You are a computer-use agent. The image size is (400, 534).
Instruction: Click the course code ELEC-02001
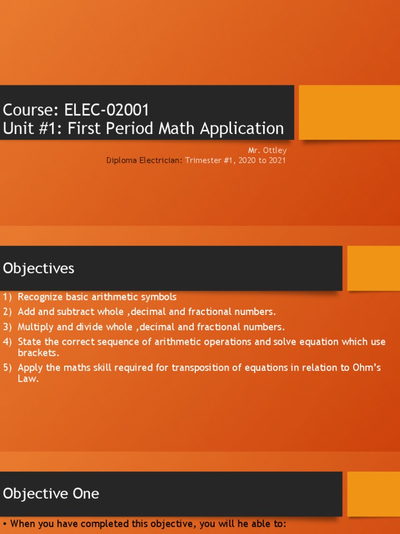coord(107,110)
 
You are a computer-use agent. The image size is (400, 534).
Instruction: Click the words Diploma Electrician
coord(144,160)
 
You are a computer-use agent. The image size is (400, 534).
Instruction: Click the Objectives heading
coord(39,269)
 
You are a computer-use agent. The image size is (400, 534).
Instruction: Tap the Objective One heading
coord(51,493)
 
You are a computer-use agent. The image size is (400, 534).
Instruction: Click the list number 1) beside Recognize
coord(7,297)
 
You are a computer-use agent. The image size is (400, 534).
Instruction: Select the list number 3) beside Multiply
coord(7,327)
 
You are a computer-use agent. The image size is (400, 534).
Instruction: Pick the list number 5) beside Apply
coord(7,368)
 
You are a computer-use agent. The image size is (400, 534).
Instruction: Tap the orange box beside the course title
coord(349,112)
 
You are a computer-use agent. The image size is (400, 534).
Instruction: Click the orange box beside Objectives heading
coord(373,268)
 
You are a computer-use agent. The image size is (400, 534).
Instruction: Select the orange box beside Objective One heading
coord(373,494)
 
